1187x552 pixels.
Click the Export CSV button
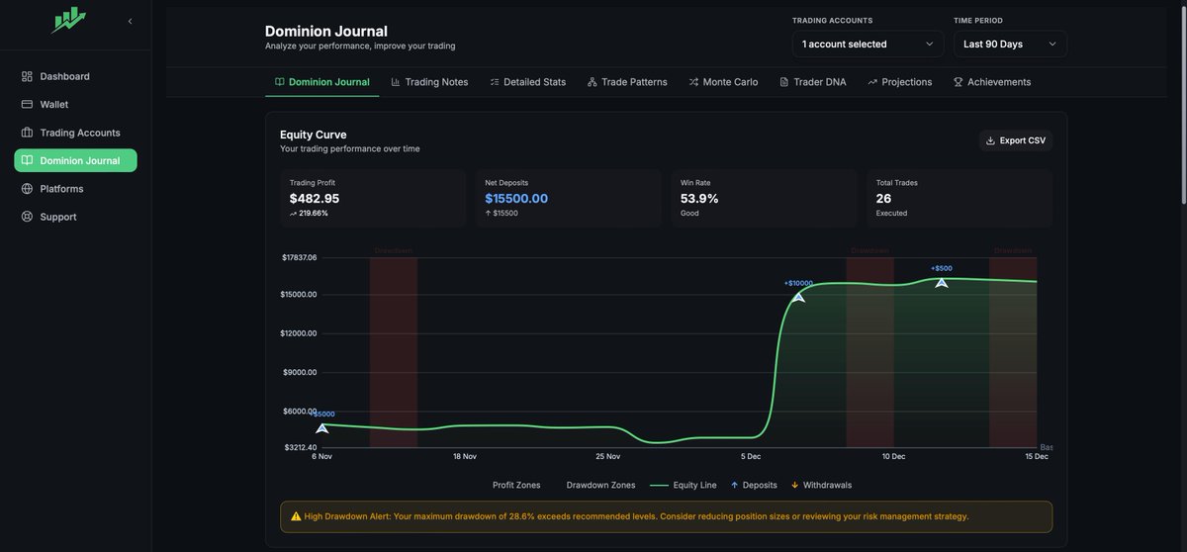click(1016, 140)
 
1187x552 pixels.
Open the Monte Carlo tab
click(723, 82)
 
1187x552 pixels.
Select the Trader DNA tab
click(812, 82)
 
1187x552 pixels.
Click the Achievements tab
click(991, 82)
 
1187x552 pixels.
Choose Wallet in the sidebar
click(54, 104)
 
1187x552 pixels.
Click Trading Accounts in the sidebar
click(79, 133)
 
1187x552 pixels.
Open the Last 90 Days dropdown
click(1010, 44)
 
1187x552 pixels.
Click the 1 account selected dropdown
click(867, 44)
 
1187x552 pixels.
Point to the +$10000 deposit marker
click(798, 296)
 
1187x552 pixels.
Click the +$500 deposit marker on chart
click(942, 282)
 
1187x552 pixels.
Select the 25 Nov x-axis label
click(607, 456)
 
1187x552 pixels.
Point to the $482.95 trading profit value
click(315, 198)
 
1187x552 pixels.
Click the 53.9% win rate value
click(699, 198)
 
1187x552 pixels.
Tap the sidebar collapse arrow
click(130, 21)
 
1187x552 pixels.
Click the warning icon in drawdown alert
click(296, 516)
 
